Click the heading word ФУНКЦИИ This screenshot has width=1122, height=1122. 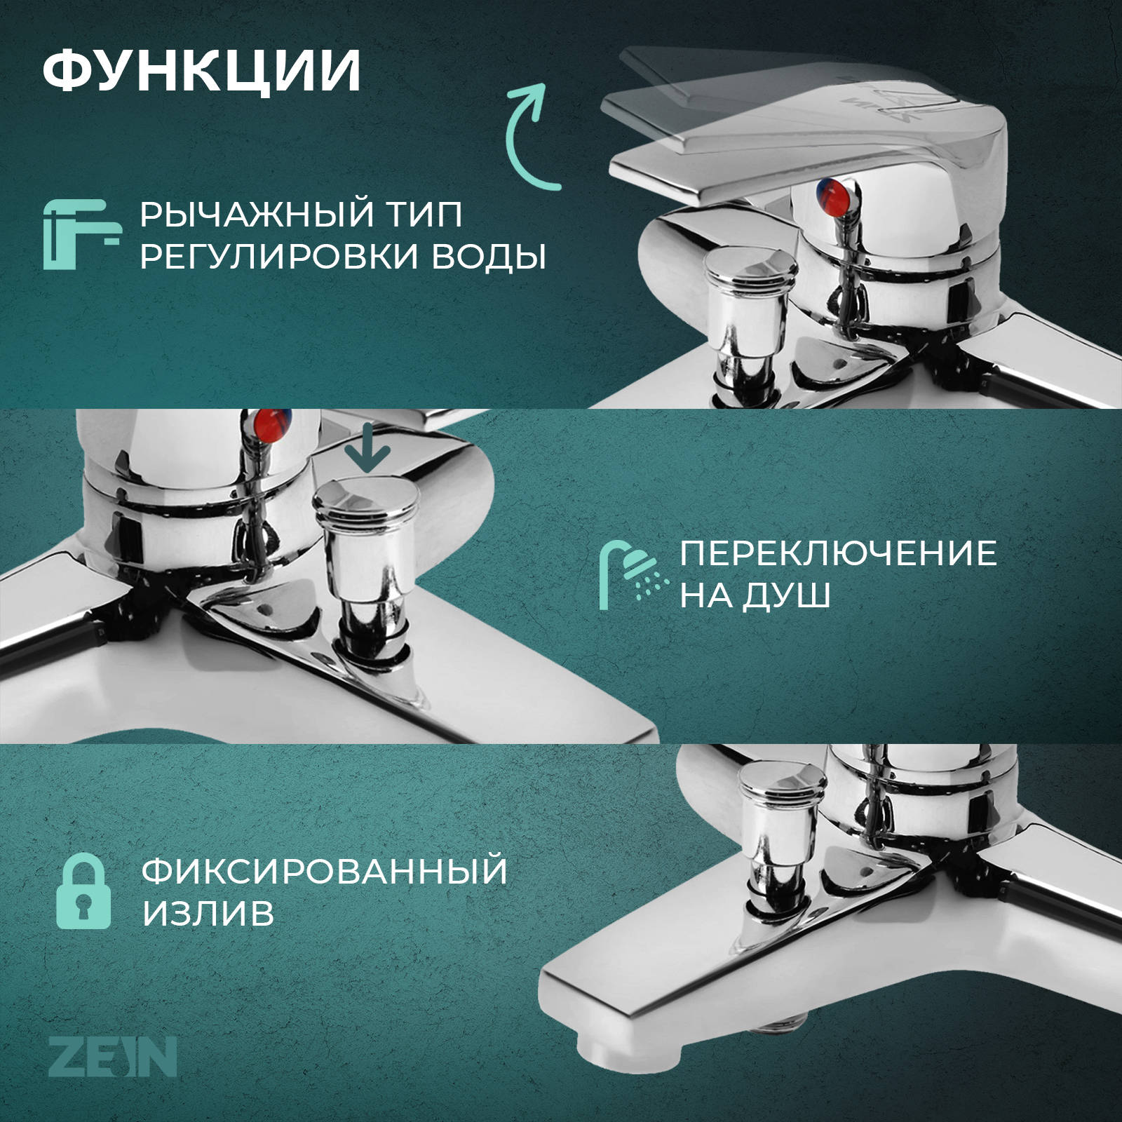[201, 71]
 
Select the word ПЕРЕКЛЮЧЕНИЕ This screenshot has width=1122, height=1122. [838, 554]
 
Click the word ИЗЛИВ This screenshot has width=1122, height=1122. [208, 914]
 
